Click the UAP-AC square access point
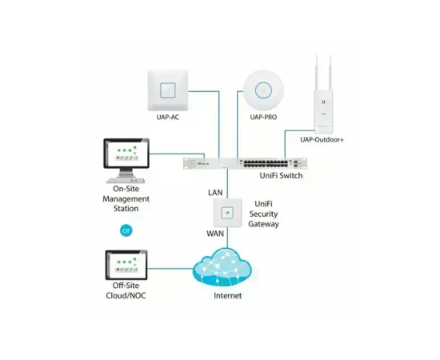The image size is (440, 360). click(168, 90)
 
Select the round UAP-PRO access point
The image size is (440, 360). click(263, 90)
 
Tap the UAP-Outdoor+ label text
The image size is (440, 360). click(322, 139)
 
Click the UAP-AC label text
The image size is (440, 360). click(168, 117)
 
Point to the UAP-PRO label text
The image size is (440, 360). click(263, 117)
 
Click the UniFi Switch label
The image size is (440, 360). click(281, 176)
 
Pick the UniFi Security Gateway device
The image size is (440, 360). click(227, 213)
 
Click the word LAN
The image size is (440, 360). click(215, 193)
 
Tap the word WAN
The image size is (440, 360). click(215, 234)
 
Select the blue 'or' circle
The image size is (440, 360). click(126, 230)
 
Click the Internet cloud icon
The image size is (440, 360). click(222, 267)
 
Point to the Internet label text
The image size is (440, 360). click(227, 295)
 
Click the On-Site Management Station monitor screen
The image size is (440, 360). click(126, 154)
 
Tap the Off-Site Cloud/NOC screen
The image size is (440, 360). click(126, 265)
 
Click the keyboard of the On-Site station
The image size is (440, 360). click(126, 181)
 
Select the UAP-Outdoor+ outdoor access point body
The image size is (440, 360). click(323, 111)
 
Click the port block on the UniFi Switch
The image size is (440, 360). click(266, 163)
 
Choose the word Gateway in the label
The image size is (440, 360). click(263, 224)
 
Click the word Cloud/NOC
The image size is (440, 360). click(126, 295)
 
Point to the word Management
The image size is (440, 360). click(126, 198)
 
